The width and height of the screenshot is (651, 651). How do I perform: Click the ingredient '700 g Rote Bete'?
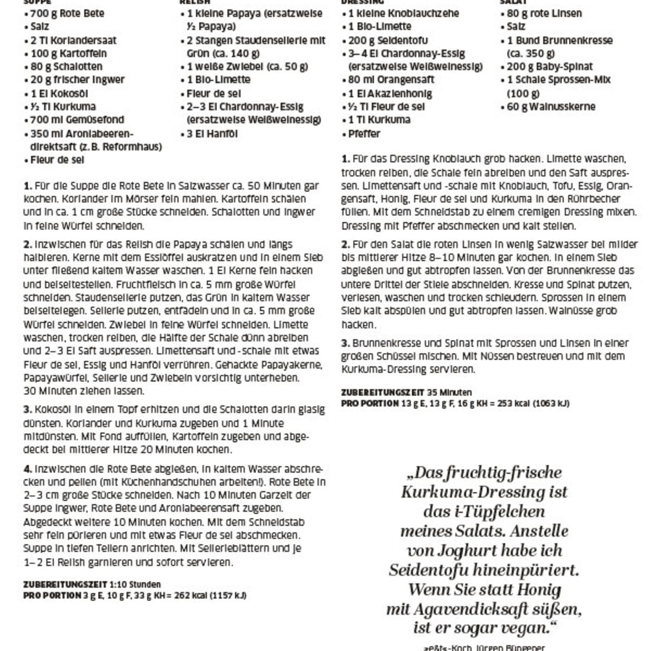pyautogui.click(x=67, y=14)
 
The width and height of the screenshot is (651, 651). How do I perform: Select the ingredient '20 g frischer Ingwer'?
pyautogui.click(x=78, y=80)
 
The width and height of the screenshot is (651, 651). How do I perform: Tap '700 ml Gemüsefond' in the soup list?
pyautogui.click(x=77, y=120)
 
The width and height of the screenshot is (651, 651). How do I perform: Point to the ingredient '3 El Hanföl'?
pyautogui.click(x=212, y=134)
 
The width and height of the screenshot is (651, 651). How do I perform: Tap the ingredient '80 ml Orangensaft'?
pyautogui.click(x=391, y=80)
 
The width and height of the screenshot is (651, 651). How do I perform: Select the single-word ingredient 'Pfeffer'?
pyautogui.click(x=364, y=134)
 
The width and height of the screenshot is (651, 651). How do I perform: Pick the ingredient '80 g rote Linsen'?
pyautogui.click(x=544, y=14)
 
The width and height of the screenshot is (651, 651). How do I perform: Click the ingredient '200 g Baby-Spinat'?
pyautogui.click(x=550, y=67)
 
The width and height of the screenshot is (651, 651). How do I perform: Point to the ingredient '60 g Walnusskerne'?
pyautogui.click(x=551, y=107)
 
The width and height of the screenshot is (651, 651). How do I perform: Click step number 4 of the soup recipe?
pyautogui.click(x=27, y=469)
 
